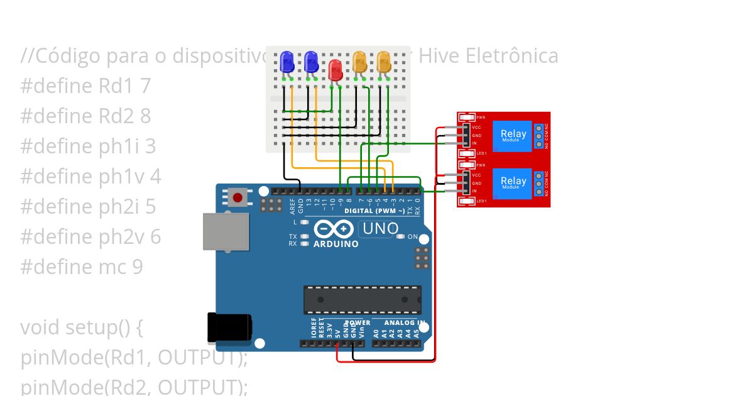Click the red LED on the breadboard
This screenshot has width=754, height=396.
[336, 69]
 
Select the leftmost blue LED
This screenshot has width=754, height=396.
[287, 62]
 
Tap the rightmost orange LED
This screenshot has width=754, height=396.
[384, 62]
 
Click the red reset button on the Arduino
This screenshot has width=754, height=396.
[238, 197]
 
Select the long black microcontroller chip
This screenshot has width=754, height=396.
[363, 300]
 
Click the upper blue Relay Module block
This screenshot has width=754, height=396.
[513, 136]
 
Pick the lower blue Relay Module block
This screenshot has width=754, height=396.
[513, 183]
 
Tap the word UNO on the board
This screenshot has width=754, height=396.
[380, 228]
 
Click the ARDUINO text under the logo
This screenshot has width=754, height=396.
[336, 244]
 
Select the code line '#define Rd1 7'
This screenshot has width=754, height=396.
[85, 86]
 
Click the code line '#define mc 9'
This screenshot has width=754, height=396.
[82, 267]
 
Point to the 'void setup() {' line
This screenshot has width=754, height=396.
[82, 327]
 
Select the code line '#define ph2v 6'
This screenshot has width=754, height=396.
[90, 237]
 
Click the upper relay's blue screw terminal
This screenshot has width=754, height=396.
[538, 136]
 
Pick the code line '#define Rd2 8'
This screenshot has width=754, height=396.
[85, 116]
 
